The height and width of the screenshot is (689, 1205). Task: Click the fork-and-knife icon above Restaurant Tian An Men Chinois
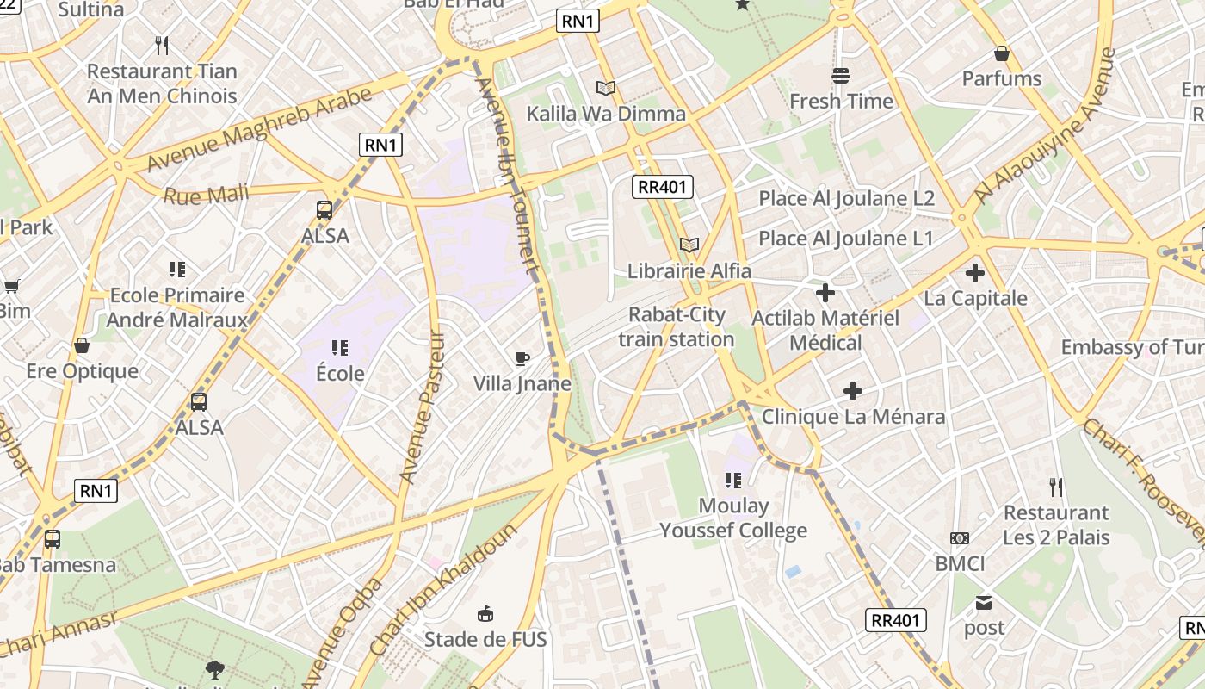(162, 46)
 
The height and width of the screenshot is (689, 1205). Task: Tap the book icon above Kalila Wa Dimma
(606, 88)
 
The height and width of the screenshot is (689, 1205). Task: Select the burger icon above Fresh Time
(841, 76)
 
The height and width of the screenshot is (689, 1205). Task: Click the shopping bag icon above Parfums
(1002, 53)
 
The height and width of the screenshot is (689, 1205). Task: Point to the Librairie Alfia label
(689, 271)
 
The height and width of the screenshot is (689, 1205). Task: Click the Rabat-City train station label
(676, 327)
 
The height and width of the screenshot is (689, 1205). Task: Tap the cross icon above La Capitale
(974, 273)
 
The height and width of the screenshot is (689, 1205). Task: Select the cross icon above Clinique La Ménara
(853, 391)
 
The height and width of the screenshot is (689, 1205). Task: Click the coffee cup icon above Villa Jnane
(522, 358)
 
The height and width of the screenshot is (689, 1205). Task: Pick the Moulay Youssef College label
(733, 518)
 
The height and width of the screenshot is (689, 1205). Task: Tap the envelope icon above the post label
(984, 602)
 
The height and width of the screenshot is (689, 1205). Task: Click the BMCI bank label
(960, 563)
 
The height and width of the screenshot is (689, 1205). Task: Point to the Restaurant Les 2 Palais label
(1056, 525)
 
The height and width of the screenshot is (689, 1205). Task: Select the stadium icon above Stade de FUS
(485, 613)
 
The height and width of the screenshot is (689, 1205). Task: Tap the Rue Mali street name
(206, 195)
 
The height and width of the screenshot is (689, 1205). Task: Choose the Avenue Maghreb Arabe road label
(259, 128)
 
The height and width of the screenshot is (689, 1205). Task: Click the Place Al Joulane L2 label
(846, 198)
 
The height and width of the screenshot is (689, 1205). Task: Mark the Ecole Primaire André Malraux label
(177, 307)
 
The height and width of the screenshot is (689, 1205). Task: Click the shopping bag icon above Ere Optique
(82, 345)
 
